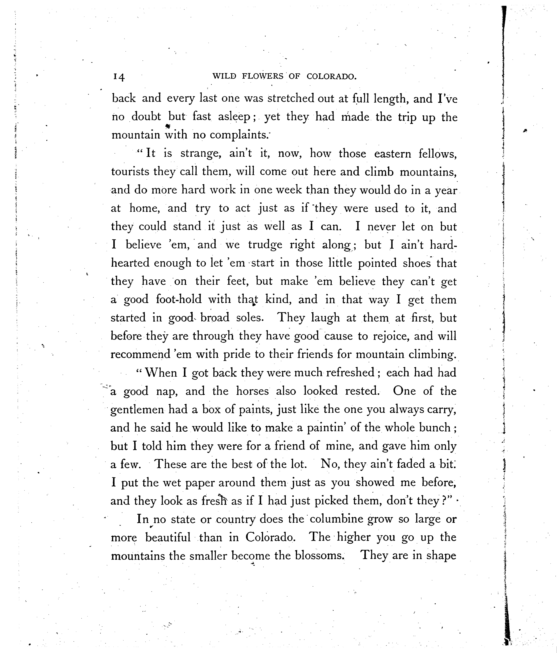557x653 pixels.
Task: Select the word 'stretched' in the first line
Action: [x=290, y=99]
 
